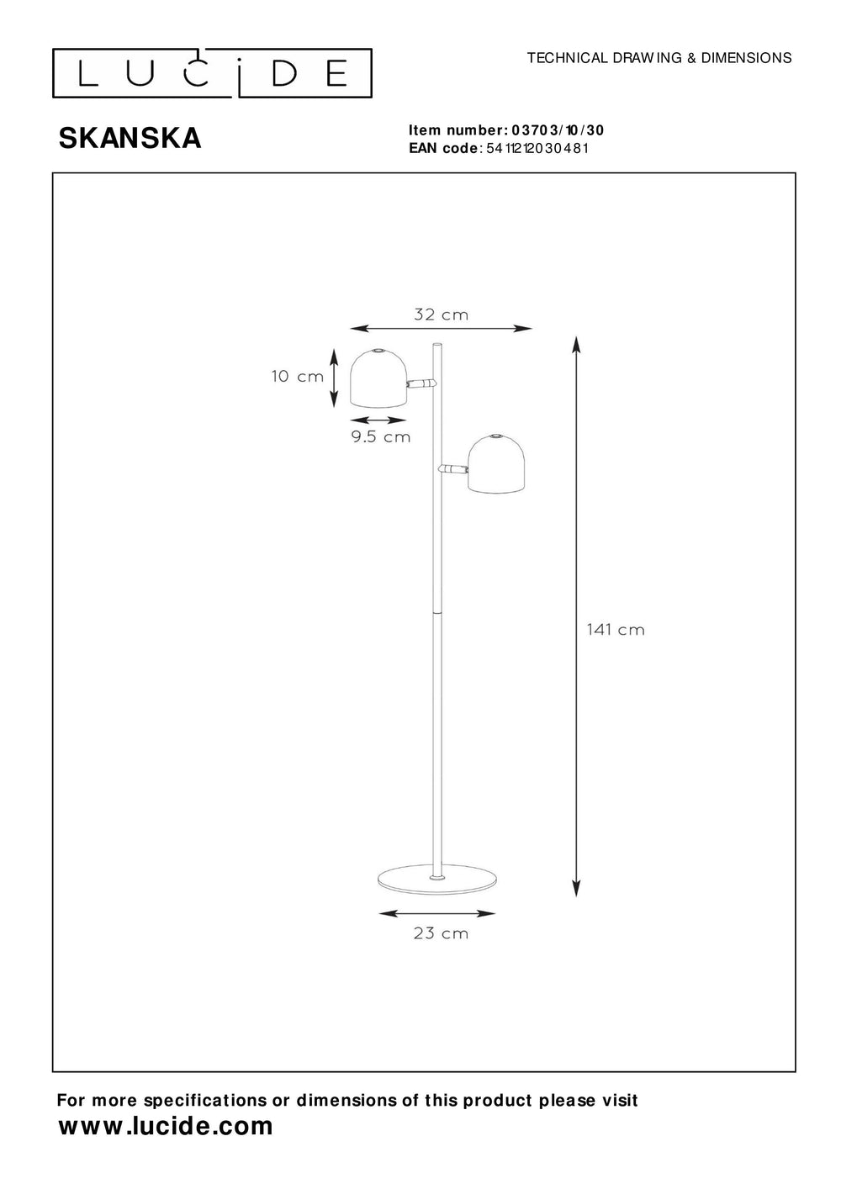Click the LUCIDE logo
pyautogui.click(x=212, y=74)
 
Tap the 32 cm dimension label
pyautogui.click(x=441, y=315)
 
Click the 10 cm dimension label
pyautogui.click(x=297, y=376)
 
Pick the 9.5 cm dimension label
pyautogui.click(x=381, y=436)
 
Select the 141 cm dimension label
pyautogui.click(x=616, y=629)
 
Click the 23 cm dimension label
pyautogui.click(x=441, y=933)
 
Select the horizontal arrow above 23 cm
pyautogui.click(x=436, y=913)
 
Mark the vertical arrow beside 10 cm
pyautogui.click(x=334, y=376)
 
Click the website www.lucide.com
pyautogui.click(x=166, y=1126)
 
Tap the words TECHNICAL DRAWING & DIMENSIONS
pyautogui.click(x=659, y=58)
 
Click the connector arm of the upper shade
pyautogui.click(x=420, y=383)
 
